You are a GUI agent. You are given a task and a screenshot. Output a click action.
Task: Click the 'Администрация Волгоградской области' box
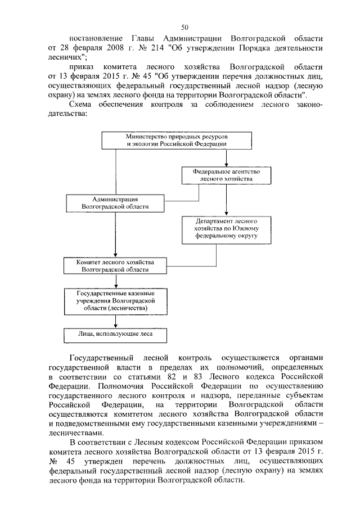pyautogui.click(x=115, y=203)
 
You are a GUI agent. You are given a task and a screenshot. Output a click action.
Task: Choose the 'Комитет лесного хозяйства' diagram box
pyautogui.click(x=115, y=266)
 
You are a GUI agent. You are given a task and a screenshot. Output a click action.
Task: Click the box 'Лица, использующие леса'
pyautogui.click(x=115, y=335)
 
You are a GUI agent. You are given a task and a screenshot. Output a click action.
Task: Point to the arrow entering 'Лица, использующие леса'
pyautogui.click(x=115, y=323)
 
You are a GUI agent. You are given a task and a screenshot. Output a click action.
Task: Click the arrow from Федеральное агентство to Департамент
pyautogui.click(x=226, y=200)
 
